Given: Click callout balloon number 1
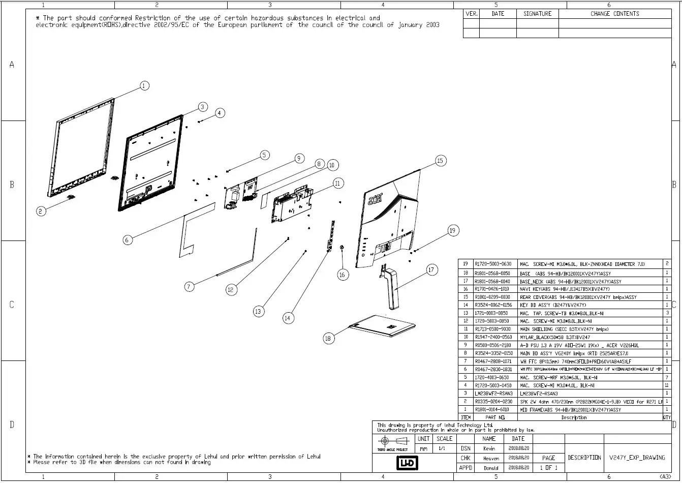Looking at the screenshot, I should (144, 86).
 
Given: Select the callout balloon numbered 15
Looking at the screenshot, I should (440, 161).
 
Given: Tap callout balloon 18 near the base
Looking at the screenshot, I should (328, 338).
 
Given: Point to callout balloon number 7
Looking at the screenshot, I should (189, 287).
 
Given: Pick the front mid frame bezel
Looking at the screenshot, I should (81, 147).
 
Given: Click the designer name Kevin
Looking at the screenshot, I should (489, 448).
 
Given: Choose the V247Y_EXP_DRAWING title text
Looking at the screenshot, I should (637, 458).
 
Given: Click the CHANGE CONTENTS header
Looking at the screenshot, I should (614, 14).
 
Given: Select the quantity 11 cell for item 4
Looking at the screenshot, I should (667, 385).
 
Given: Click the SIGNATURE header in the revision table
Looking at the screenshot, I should (537, 14).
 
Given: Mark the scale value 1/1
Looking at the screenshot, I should (443, 449).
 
